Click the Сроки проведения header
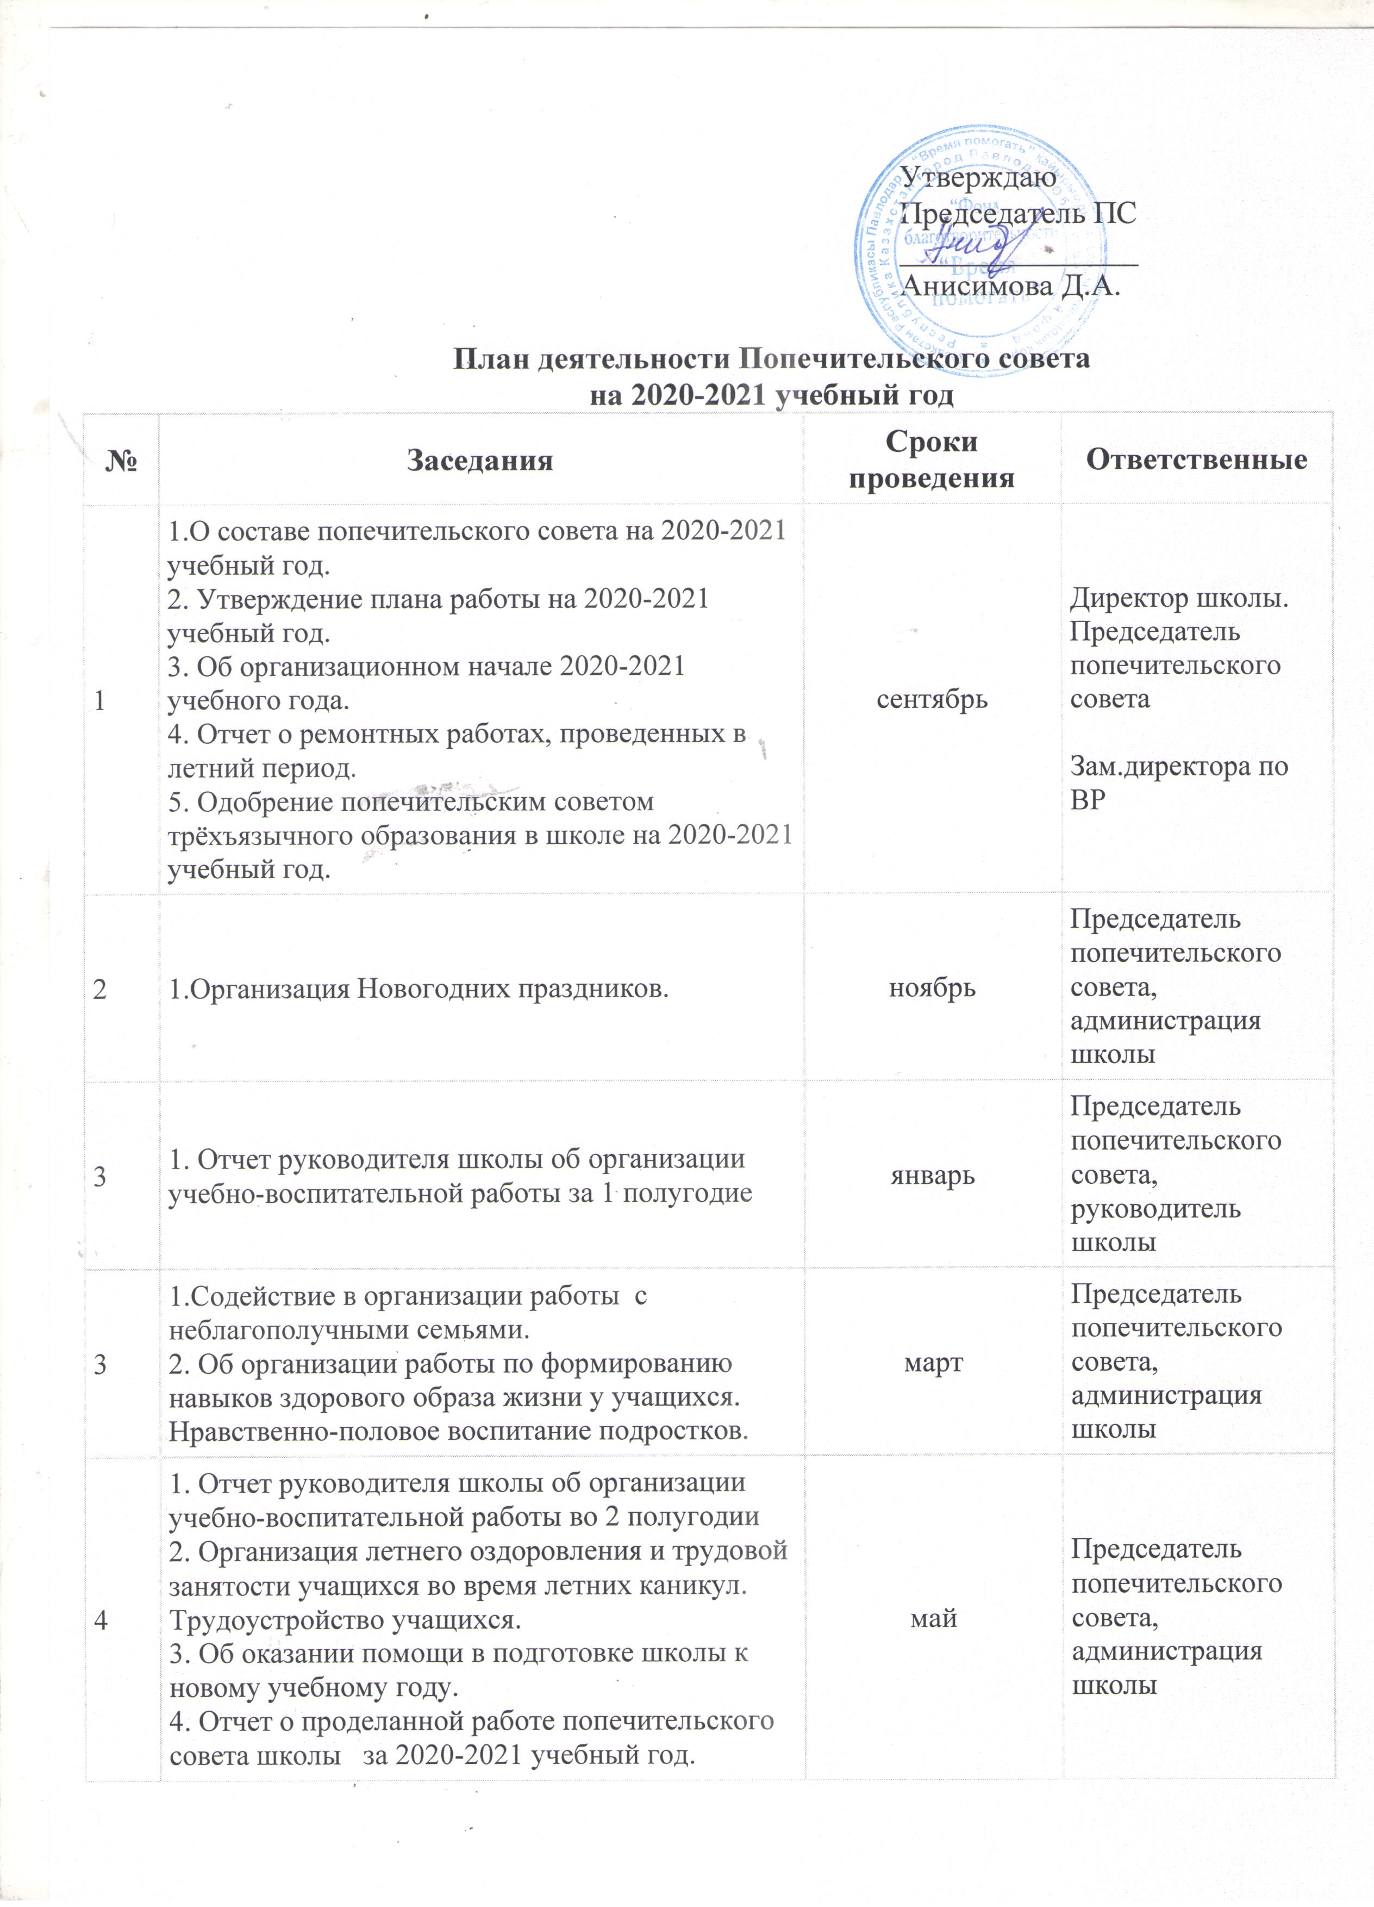[x=931, y=460]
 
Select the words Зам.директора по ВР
[x=1178, y=783]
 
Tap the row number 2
[x=100, y=989]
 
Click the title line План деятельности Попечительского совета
[x=771, y=359]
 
